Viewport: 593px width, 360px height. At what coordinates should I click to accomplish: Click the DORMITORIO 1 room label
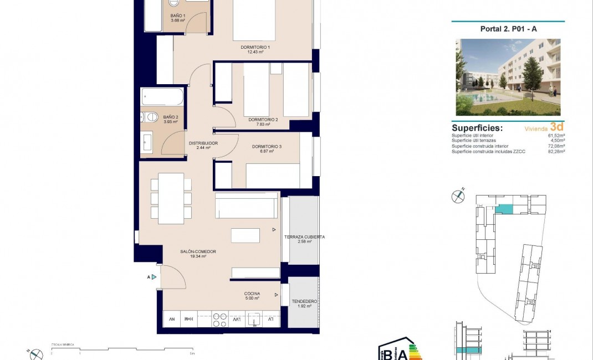pyautogui.click(x=255, y=47)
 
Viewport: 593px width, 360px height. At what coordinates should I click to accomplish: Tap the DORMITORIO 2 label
pyautogui.click(x=263, y=119)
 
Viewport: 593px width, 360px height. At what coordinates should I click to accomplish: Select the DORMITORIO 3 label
pyautogui.click(x=267, y=146)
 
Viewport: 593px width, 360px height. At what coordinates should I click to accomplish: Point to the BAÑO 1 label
pyautogui.click(x=178, y=16)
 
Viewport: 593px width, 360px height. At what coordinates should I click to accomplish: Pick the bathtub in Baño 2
pyautogui.click(x=161, y=97)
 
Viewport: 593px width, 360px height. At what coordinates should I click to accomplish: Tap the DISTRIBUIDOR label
pyautogui.click(x=203, y=143)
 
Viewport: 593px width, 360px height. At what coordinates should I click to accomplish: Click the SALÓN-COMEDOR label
pyautogui.click(x=198, y=252)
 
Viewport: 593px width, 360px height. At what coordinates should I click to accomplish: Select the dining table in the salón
pyautogui.click(x=171, y=198)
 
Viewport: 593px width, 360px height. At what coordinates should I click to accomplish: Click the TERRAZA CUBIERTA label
pyautogui.click(x=304, y=237)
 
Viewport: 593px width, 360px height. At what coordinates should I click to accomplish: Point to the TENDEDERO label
pyautogui.click(x=304, y=302)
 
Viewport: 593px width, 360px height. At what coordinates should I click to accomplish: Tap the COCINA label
pyautogui.click(x=252, y=294)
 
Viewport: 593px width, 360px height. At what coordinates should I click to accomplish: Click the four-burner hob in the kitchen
pyautogui.click(x=220, y=319)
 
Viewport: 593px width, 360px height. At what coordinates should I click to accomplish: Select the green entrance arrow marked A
pyautogui.click(x=154, y=277)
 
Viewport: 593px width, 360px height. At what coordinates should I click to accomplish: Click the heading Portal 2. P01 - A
pyautogui.click(x=508, y=29)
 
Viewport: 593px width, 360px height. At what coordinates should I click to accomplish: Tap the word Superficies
pyautogui.click(x=477, y=128)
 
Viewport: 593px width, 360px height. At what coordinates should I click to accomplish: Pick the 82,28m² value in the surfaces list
pyautogui.click(x=555, y=151)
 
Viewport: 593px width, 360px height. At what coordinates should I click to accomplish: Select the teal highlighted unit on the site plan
pyautogui.click(x=504, y=209)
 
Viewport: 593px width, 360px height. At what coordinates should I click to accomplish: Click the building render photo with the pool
pyautogui.click(x=508, y=77)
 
